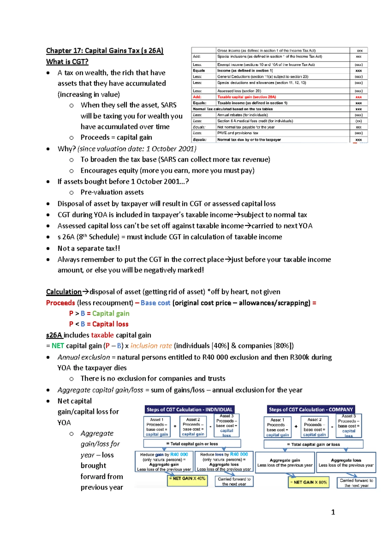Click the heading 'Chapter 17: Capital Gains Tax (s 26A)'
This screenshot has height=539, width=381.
[105, 51]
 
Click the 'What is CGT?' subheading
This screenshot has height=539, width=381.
[67, 62]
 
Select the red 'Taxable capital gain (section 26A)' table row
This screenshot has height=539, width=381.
[246, 97]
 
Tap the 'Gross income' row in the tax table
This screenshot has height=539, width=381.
[266, 50]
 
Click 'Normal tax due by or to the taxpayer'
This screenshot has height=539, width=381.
[249, 139]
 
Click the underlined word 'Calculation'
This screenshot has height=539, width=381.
[64, 292]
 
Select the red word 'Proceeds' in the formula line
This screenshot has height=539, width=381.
[60, 303]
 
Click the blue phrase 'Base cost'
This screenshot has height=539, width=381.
[155, 303]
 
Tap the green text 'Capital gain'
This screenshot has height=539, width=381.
[111, 314]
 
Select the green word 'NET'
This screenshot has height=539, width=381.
[58, 346]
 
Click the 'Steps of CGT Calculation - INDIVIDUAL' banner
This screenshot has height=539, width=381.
[190, 409]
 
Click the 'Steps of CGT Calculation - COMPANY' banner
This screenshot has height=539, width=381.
[311, 409]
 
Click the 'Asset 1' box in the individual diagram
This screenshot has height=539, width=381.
[157, 427]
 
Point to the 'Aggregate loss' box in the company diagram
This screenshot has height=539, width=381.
[346, 462]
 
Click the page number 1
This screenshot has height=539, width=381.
[333, 512]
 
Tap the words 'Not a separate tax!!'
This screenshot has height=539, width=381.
[89, 249]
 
